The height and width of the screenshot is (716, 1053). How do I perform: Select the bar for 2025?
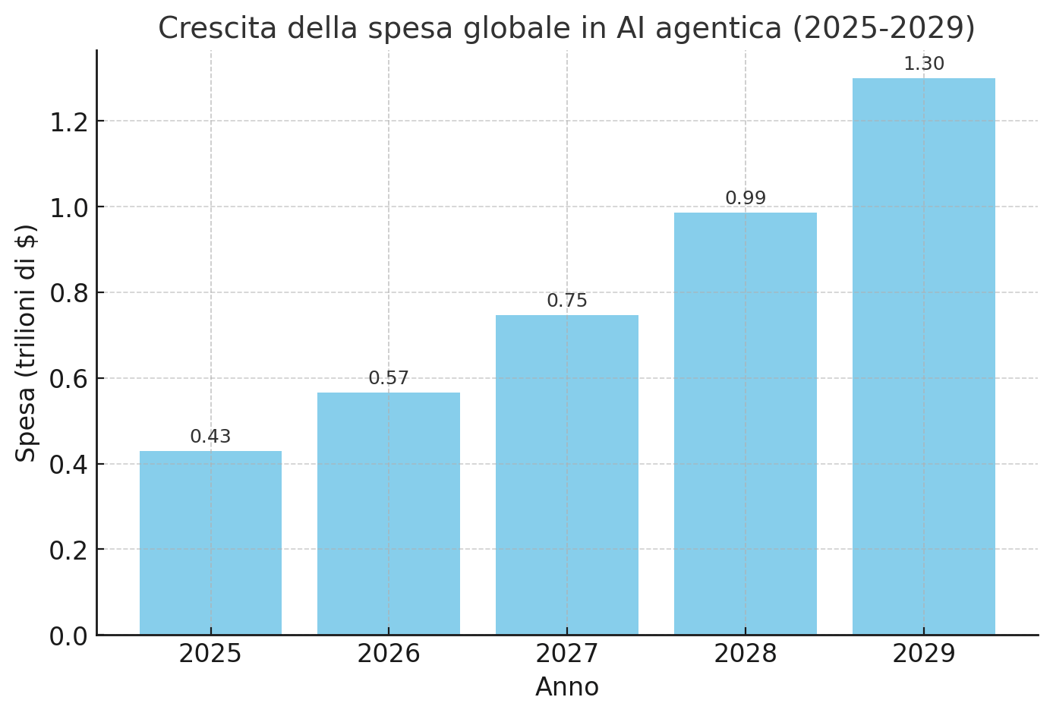pos(210,543)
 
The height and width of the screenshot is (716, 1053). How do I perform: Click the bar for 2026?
pos(389,513)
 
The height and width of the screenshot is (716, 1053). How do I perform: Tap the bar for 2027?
pos(567,475)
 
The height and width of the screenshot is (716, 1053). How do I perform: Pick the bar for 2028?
pos(746,424)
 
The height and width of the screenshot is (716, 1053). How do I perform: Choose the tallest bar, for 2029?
pos(923,357)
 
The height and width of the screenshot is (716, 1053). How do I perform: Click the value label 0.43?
pos(210,437)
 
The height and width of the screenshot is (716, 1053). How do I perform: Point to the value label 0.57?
pos(389,379)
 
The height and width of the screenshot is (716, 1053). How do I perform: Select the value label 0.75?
pos(567,301)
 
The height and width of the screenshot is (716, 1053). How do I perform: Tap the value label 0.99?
pos(746,199)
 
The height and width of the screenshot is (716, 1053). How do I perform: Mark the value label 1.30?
pos(923,65)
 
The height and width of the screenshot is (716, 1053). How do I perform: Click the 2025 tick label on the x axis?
pos(210,654)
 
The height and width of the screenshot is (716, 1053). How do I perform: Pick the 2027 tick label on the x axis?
pos(567,654)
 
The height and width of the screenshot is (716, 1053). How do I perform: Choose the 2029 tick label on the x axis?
pos(923,654)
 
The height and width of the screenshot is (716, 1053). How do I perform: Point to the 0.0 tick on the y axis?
pos(68,636)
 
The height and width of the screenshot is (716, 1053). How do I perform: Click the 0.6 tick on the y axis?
pos(68,379)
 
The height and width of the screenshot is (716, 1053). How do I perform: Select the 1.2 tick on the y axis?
pos(68,121)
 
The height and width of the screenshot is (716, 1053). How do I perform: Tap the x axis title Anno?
pos(567,688)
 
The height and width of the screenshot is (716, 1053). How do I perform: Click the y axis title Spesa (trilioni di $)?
pos(27,342)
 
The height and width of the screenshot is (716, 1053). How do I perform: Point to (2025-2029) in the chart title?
pos(884,29)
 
